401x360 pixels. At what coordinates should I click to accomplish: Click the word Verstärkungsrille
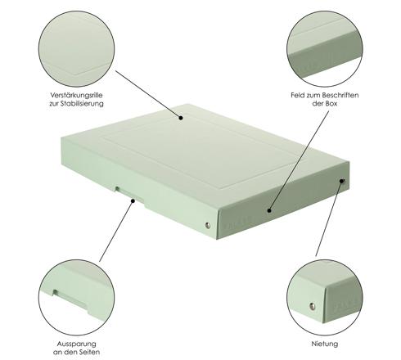coord(76,96)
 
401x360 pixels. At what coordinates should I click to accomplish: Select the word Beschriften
coord(340,95)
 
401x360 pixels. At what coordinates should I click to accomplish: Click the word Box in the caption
coord(331,104)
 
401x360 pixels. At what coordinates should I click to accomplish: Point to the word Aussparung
coord(76,344)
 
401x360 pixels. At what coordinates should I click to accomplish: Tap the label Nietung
coord(325,344)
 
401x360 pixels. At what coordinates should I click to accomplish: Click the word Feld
coord(297,95)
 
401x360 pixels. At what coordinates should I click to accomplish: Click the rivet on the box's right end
coord(343,181)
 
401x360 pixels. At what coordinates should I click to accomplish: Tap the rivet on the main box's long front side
coord(208,225)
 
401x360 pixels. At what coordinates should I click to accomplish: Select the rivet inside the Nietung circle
coord(313,306)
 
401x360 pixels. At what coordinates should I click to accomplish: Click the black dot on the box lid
coord(181,118)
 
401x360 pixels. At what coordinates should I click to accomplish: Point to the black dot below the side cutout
coord(133,201)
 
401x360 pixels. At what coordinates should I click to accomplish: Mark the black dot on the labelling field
coord(269,210)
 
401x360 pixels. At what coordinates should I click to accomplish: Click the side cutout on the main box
coord(129,193)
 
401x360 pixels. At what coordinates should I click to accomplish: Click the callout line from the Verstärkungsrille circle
coord(148,94)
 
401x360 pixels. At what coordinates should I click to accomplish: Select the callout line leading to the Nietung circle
coord(329,218)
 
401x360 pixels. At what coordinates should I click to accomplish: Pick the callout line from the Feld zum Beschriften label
coord(299,160)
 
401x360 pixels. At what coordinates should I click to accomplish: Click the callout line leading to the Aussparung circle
coord(116,232)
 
